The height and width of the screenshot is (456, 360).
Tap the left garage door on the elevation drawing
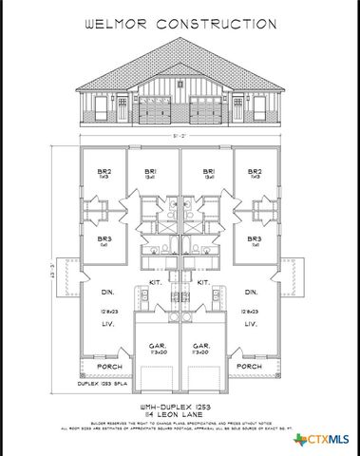tap(154, 111)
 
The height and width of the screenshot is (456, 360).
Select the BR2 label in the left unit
tap(104, 173)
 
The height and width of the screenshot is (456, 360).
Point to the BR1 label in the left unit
tap(150, 173)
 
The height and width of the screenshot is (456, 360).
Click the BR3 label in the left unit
tap(103, 238)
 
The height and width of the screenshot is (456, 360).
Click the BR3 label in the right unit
tap(254, 238)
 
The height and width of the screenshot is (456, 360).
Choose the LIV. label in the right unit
tap(252, 325)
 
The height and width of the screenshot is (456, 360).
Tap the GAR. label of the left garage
tap(156, 346)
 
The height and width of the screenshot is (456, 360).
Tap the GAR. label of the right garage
tap(201, 346)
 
